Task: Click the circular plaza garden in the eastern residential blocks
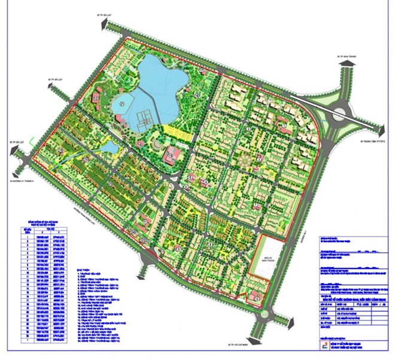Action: pyautogui.click(x=244, y=161)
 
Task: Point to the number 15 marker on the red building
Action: pyautogui.click(x=171, y=155)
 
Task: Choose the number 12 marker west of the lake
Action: pyautogui.click(x=139, y=144)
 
